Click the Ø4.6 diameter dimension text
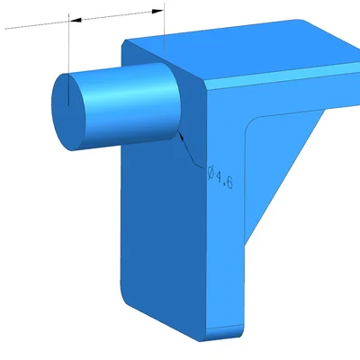coord(220,177)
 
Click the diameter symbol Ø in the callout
coord(211,174)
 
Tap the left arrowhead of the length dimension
coord(76,20)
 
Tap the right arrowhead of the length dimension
coord(157,12)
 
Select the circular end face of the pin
coord(68,112)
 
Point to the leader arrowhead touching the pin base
coord(181,136)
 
